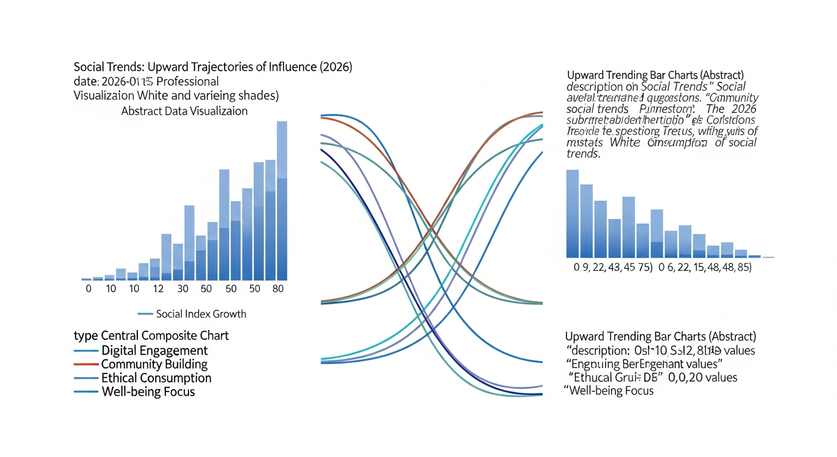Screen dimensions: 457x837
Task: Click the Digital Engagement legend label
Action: click(155, 350)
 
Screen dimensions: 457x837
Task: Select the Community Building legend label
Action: click(155, 364)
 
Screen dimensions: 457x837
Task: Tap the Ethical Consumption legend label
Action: click(156, 378)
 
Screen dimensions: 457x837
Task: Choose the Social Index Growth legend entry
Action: click(200, 314)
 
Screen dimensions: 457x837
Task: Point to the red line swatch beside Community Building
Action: click(86, 365)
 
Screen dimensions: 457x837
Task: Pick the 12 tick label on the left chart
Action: click(157, 289)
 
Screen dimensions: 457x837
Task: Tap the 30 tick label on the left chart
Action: click(182, 289)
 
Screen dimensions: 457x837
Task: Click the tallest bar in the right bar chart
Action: click(572, 214)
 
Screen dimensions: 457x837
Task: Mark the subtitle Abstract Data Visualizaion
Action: click(184, 111)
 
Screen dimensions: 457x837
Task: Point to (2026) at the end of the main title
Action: click(336, 67)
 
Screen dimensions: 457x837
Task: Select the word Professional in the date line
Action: click(188, 82)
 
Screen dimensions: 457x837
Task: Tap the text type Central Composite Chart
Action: click(151, 336)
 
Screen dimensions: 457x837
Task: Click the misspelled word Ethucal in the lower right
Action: click(591, 377)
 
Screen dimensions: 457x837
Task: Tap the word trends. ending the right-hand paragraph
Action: click(584, 154)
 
